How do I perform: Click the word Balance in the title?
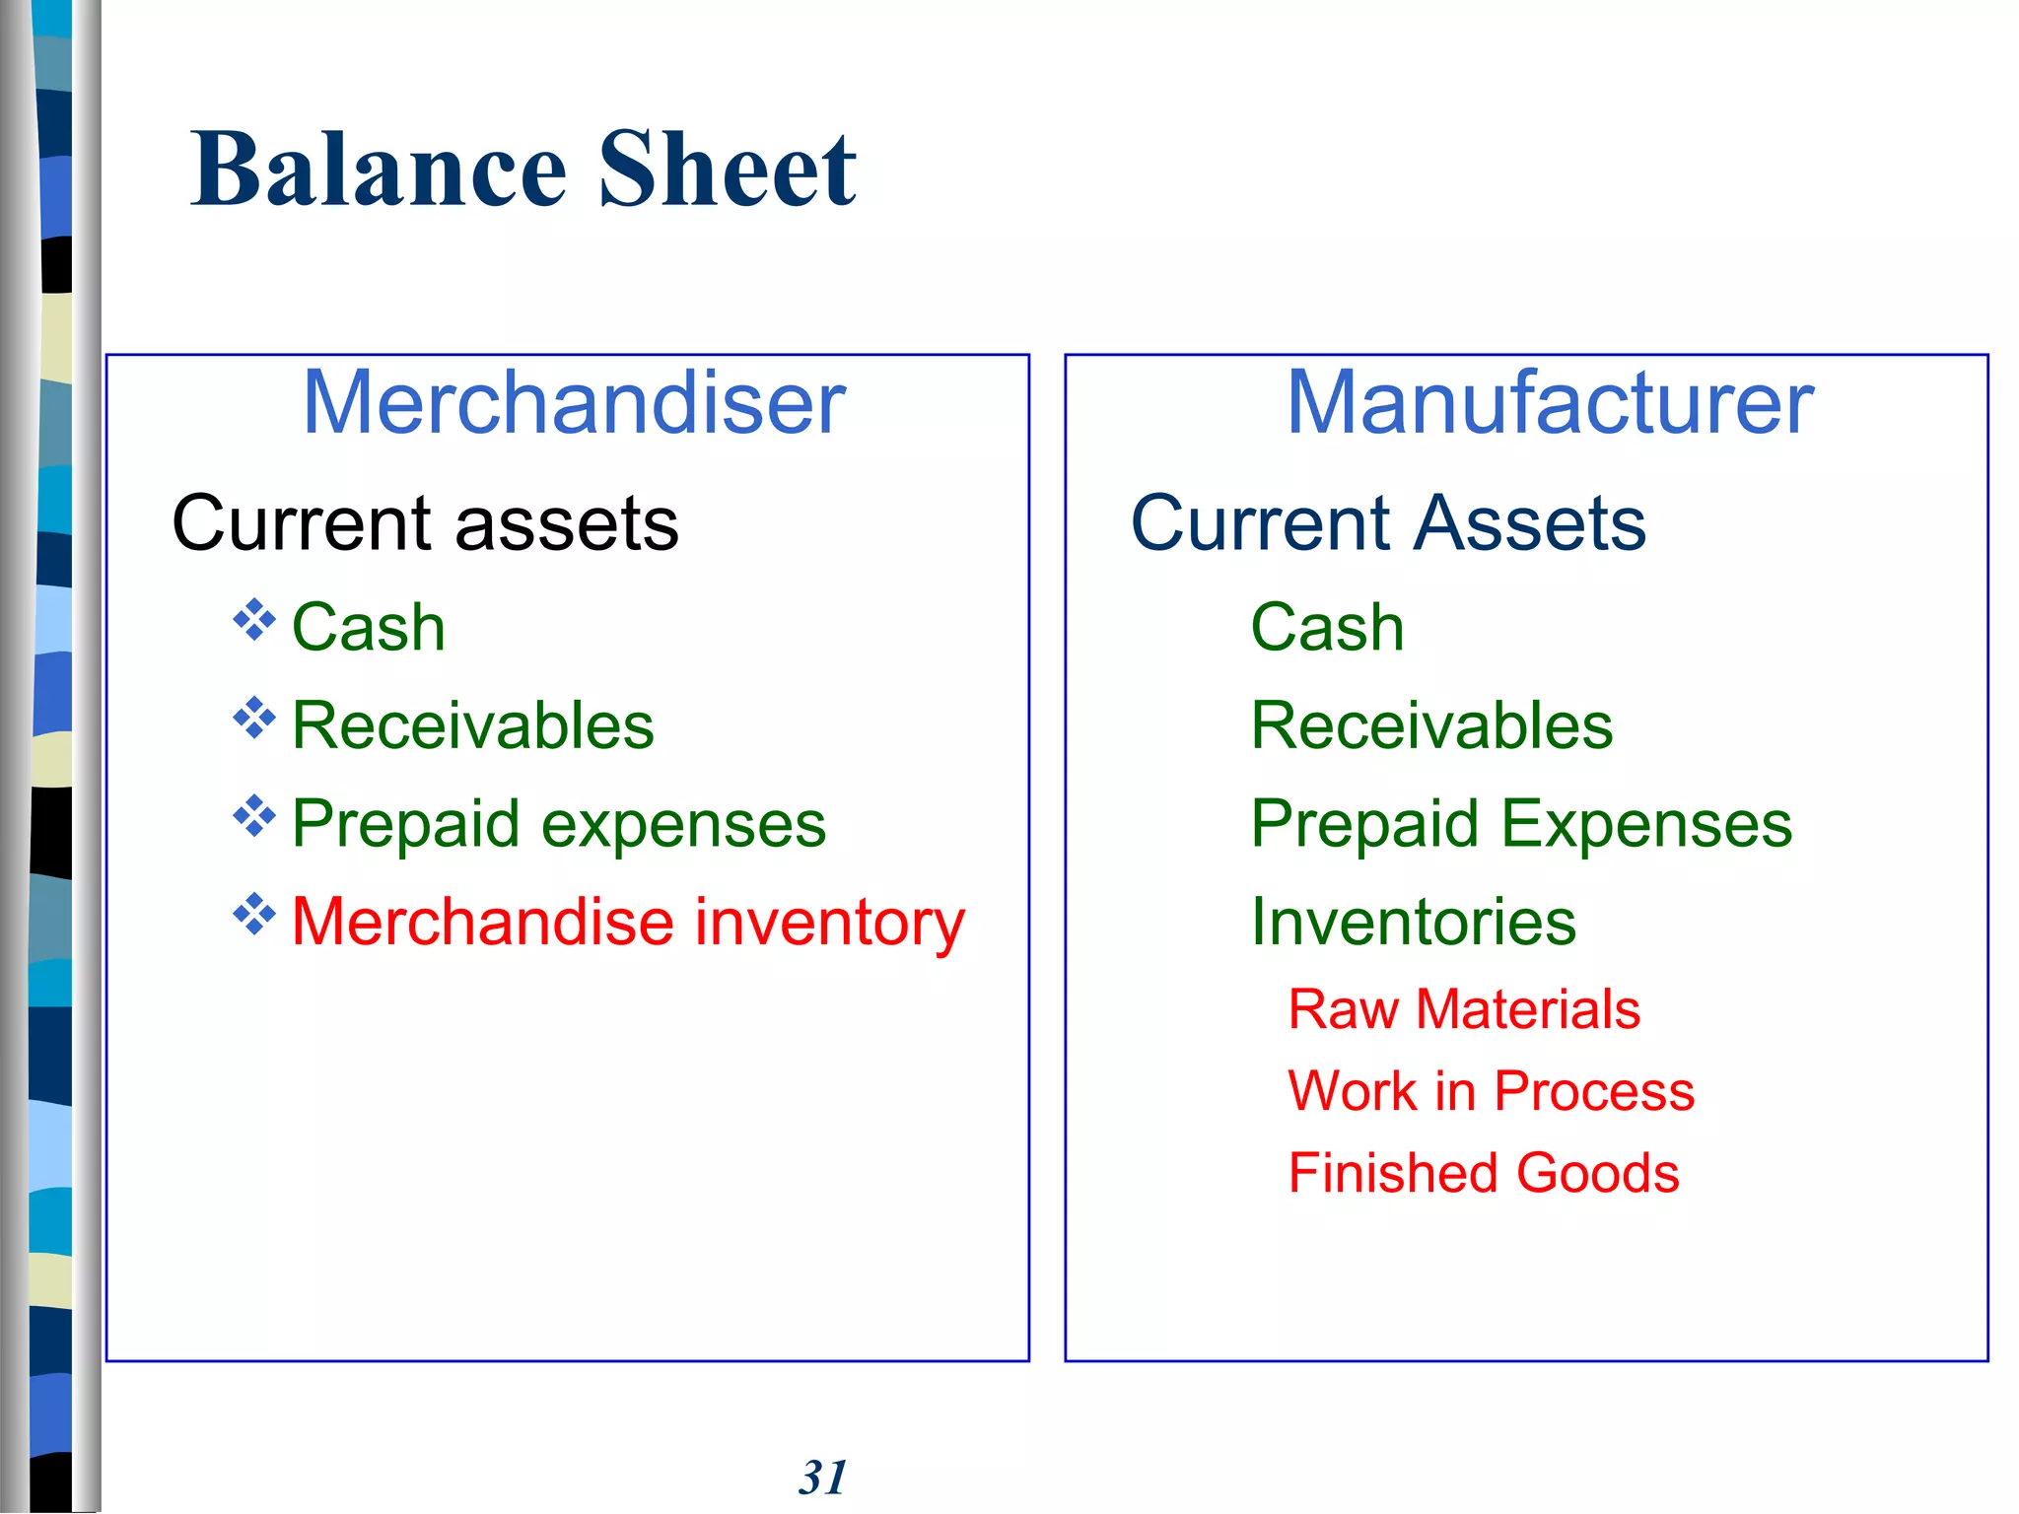(x=380, y=170)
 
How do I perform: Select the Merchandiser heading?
(x=574, y=402)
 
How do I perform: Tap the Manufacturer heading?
(x=1550, y=402)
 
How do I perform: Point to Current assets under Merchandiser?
(x=425, y=522)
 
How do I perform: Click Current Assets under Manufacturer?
(x=1388, y=522)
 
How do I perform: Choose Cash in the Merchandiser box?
(x=369, y=627)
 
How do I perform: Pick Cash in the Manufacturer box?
(x=1327, y=627)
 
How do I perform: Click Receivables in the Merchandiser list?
(x=473, y=725)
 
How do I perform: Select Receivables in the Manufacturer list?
(x=1431, y=725)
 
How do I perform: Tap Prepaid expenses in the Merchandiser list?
(x=559, y=824)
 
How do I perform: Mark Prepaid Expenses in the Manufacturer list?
(x=1521, y=824)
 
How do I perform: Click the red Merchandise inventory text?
(x=628, y=923)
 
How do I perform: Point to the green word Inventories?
(x=1414, y=923)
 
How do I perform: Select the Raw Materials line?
(x=1464, y=1009)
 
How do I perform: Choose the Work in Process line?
(x=1492, y=1091)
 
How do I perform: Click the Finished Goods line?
(x=1484, y=1173)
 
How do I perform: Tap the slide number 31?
(x=823, y=1478)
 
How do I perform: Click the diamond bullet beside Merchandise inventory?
(x=254, y=915)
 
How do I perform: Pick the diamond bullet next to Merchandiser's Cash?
(x=254, y=619)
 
